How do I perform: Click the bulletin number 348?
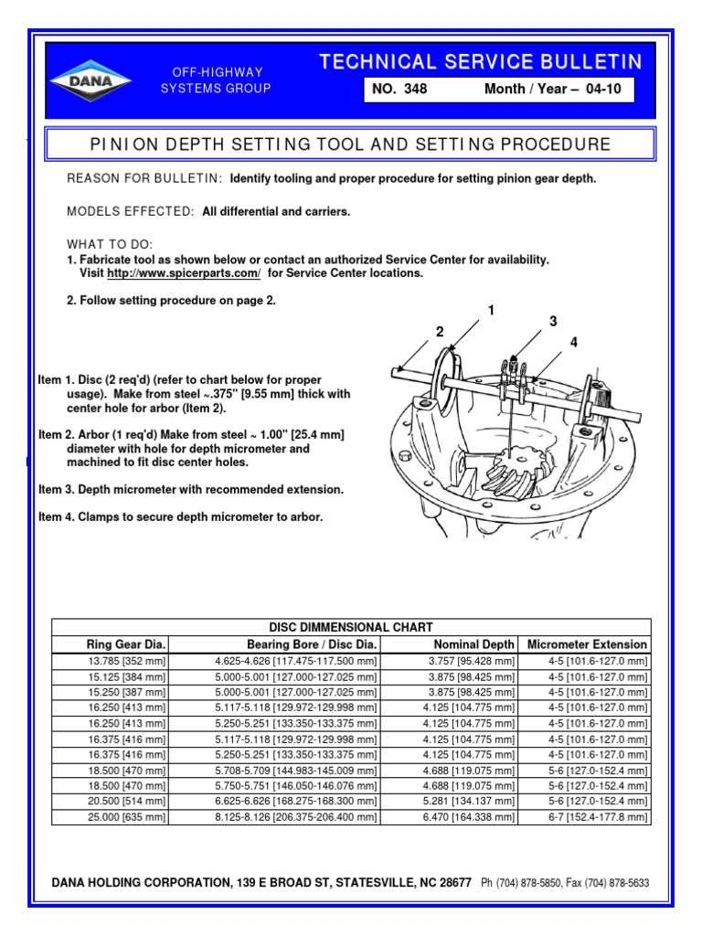tap(412, 90)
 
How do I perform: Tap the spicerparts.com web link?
tap(184, 273)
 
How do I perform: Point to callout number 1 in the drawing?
tap(491, 311)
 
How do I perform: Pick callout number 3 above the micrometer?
tap(552, 321)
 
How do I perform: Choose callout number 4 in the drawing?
tap(574, 343)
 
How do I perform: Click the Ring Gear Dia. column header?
tap(126, 644)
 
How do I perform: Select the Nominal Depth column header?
tap(473, 644)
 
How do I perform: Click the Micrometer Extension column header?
tap(588, 644)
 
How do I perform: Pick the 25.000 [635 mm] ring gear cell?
tap(126, 816)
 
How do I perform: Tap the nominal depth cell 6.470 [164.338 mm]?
tap(469, 816)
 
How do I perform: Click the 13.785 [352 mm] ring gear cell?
tap(126, 661)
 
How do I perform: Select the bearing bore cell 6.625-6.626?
tap(295, 801)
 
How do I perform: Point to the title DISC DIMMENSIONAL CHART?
tap(350, 627)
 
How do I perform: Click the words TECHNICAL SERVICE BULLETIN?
tap(480, 61)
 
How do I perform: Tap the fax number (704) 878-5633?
tap(612, 884)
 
